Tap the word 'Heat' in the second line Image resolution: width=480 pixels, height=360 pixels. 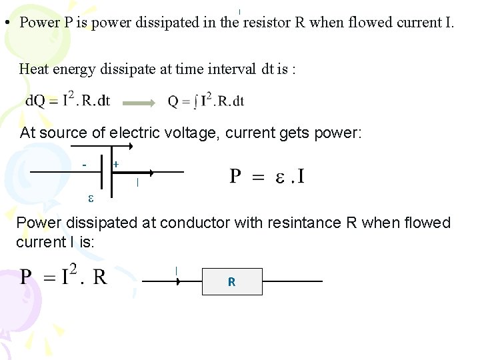click(33, 68)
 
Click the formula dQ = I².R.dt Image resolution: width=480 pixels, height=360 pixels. click(67, 101)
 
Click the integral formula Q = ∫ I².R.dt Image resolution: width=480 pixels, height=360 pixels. click(206, 101)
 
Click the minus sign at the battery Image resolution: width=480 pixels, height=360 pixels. click(85, 164)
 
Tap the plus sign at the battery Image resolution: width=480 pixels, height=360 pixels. click(116, 163)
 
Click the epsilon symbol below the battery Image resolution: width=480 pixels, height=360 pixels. click(91, 197)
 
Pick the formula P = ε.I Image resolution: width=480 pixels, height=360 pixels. click(267, 176)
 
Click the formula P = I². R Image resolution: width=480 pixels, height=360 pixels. click(63, 276)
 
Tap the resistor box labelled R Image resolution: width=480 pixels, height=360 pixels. click(232, 281)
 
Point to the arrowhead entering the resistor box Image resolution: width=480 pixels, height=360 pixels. click(178, 281)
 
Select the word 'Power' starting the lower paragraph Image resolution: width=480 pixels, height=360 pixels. click(37, 223)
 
